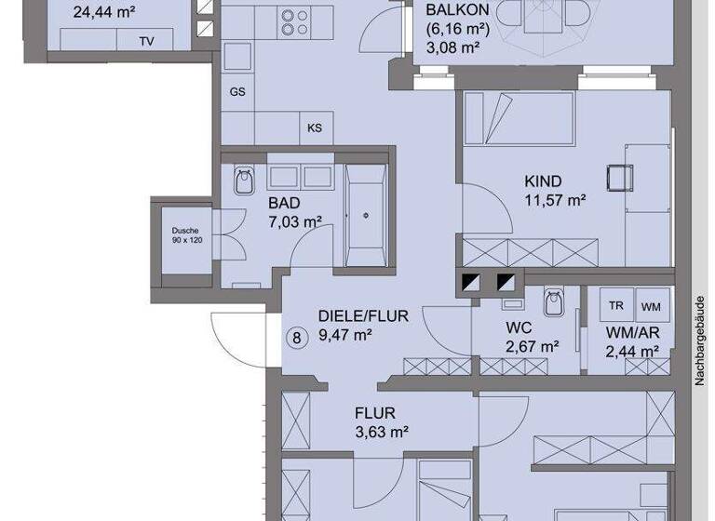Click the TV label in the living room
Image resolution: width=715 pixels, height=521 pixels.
[x=146, y=41]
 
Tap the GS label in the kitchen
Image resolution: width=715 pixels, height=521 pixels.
[x=237, y=92]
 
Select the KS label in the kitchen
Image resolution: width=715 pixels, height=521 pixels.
[x=315, y=128]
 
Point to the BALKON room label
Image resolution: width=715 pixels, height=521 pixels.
[x=458, y=10]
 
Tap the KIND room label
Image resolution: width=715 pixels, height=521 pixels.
[x=543, y=182]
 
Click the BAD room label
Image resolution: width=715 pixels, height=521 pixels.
[x=285, y=203]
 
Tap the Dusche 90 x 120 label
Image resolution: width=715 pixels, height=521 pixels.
[x=186, y=234]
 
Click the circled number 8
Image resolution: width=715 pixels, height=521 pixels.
[x=297, y=337]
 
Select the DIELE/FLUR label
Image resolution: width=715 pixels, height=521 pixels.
[x=363, y=316]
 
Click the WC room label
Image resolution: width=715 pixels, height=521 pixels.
[x=519, y=328]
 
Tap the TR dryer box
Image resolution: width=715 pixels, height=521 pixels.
[x=616, y=306]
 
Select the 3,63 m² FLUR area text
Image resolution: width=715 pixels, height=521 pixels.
[x=383, y=432]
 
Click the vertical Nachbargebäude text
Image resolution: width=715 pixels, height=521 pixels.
[x=699, y=341]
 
